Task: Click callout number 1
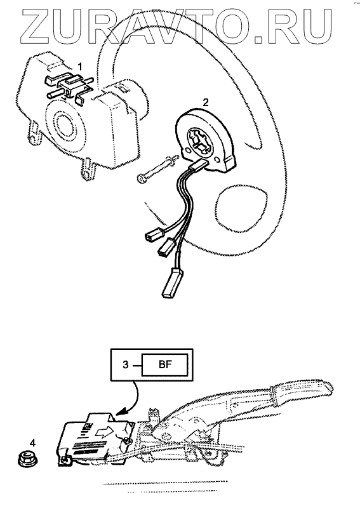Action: [80, 67]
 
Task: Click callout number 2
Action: [206, 103]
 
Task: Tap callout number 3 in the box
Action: [126, 365]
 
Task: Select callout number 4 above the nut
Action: [32, 443]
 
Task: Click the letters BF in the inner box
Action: [166, 365]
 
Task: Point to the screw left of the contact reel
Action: [156, 168]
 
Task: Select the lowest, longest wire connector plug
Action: [173, 282]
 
